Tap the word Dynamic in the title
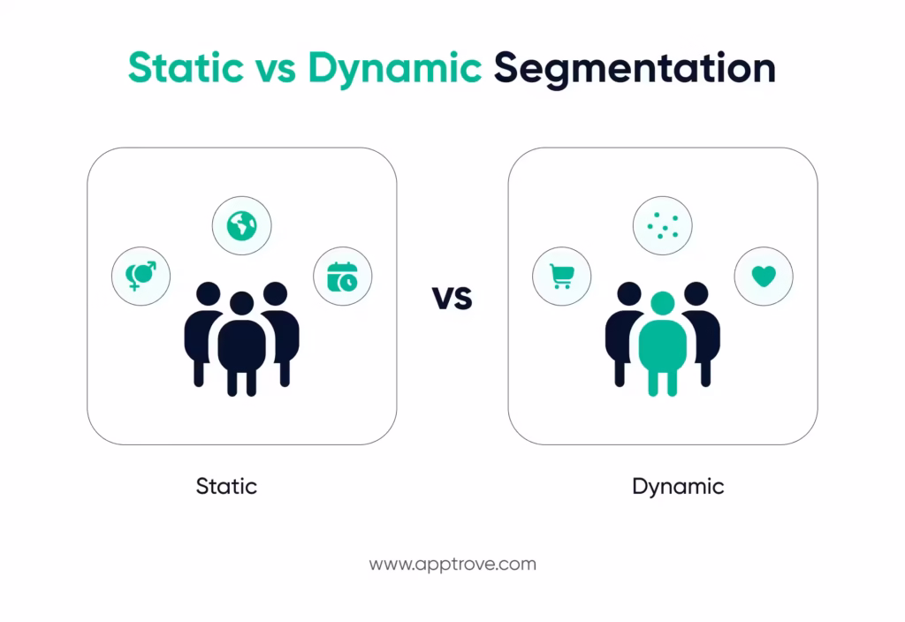click(395, 68)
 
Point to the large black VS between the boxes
click(452, 299)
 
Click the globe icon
click(241, 227)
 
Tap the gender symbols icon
click(141, 276)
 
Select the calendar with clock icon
click(342, 277)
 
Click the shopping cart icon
click(561, 277)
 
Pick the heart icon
click(764, 277)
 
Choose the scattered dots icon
click(663, 227)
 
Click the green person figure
click(662, 349)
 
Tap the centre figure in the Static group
click(241, 349)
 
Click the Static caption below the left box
click(226, 486)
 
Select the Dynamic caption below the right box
click(678, 486)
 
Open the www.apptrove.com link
click(452, 564)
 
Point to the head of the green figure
click(662, 303)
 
